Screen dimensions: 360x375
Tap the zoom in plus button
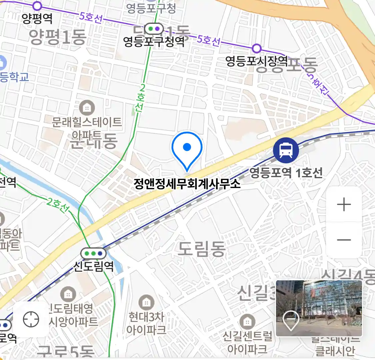[344, 204]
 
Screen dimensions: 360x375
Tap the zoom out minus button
[344, 240]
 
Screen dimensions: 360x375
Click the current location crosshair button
[31, 319]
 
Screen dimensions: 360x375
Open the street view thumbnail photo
[319, 308]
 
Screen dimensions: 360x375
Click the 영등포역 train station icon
[286, 150]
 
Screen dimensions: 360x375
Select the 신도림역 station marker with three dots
[93, 254]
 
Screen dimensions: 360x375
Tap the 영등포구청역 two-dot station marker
[154, 29]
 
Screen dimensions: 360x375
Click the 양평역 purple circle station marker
[37, 6]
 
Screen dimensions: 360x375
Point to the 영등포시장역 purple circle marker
[256, 48]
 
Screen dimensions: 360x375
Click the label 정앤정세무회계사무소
[187, 184]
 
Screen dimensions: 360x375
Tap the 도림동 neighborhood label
[202, 249]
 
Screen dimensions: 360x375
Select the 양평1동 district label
[58, 37]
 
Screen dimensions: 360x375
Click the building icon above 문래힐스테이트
[87, 108]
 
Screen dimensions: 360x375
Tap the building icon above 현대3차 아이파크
[146, 303]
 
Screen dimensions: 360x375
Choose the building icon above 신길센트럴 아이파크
[247, 322]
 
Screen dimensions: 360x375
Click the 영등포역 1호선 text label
[286, 173]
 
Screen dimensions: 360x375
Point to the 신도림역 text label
[93, 266]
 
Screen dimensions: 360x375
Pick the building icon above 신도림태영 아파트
[68, 294]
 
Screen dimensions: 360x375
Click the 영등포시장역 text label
[257, 61]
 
